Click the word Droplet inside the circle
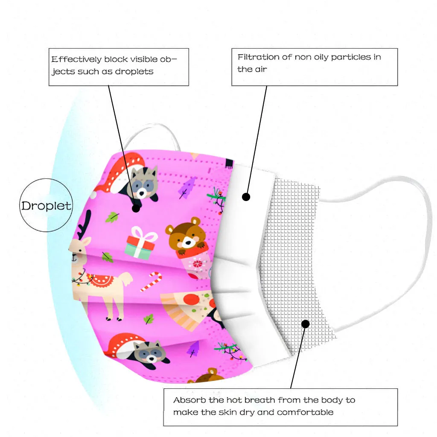coord(46,206)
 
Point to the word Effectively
coord(76,59)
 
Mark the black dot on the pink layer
coord(136,208)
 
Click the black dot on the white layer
coord(246,197)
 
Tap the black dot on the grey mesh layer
coord(305,324)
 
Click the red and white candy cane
coord(151,282)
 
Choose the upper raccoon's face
coord(142,184)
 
